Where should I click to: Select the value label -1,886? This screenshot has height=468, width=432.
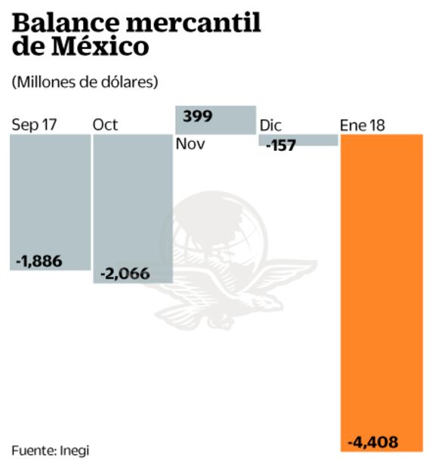(39, 261)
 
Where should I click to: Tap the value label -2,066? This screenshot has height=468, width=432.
(125, 274)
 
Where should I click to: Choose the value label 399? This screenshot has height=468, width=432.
(197, 116)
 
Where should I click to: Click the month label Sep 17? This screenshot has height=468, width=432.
(34, 125)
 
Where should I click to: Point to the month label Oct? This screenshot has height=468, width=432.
(105, 125)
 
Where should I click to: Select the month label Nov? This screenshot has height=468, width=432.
(190, 144)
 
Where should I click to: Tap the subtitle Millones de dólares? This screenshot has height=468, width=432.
(85, 82)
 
